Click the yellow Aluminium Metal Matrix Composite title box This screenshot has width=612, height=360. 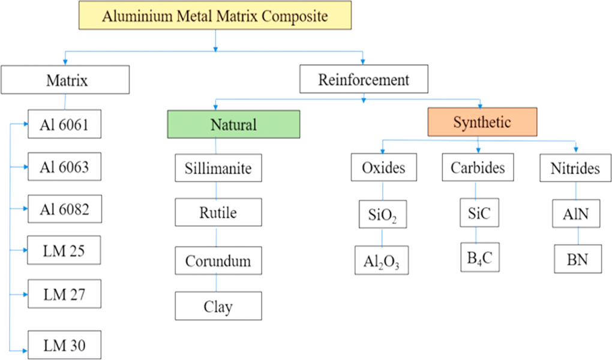point(215,16)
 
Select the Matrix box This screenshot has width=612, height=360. point(66,80)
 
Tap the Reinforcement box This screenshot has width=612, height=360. point(364,80)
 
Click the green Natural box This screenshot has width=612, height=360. point(233,124)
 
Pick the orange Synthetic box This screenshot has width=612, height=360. point(482,122)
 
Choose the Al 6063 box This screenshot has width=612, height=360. point(65,167)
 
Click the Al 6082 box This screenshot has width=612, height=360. point(65,209)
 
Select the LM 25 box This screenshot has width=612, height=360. point(65,251)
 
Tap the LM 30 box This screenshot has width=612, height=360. point(65,345)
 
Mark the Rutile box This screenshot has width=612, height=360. point(218,213)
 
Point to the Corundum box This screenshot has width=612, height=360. point(218,262)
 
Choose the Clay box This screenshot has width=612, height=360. point(218,307)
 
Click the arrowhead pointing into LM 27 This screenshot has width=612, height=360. point(25,295)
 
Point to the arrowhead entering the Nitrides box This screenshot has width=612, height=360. point(576,149)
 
